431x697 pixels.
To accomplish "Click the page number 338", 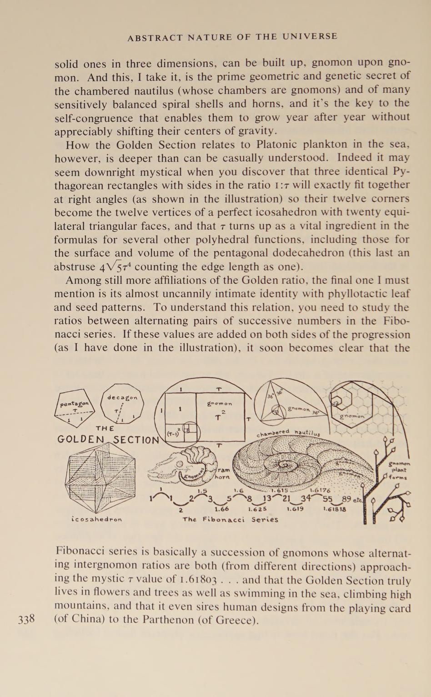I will click(x=27, y=619).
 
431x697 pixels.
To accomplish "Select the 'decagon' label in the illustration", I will click(x=122, y=397).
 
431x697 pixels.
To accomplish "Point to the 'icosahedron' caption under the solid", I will click(x=97, y=519).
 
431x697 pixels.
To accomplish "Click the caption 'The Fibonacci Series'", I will click(x=230, y=519).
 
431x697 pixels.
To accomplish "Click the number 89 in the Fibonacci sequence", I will click(x=346, y=500).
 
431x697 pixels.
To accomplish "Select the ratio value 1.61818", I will click(x=335, y=509).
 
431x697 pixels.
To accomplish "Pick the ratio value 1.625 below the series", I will click(x=257, y=509).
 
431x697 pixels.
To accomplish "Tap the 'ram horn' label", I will click(x=222, y=473).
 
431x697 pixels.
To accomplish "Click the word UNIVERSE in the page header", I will click(x=310, y=37).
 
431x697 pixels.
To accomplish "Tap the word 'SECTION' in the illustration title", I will click(x=136, y=440).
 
